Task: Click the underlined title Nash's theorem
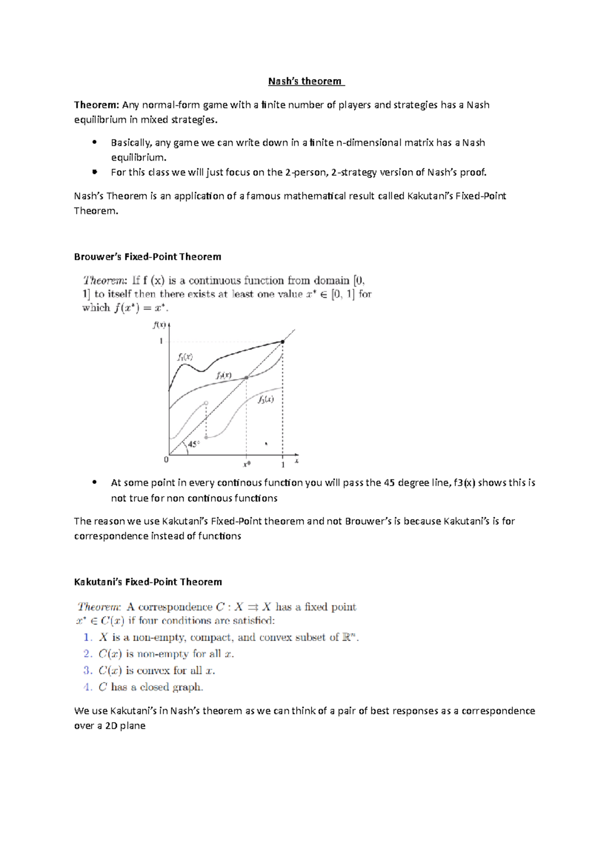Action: coord(305,81)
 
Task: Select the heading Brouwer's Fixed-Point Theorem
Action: coord(147,257)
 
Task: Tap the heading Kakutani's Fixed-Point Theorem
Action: coord(148,582)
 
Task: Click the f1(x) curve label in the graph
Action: coord(185,357)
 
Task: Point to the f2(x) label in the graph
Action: coord(224,375)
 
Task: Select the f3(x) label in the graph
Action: coord(266,399)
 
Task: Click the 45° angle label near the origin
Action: coord(194,444)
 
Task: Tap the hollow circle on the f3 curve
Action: coord(206,403)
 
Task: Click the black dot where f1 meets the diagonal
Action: coord(283,342)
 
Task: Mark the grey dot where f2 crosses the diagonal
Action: coord(246,377)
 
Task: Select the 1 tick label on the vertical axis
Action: coord(162,341)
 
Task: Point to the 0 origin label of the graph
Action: coord(166,460)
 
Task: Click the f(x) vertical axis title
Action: coord(159,324)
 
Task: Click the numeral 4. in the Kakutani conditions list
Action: coord(88,687)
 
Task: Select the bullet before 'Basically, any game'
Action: coord(94,143)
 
